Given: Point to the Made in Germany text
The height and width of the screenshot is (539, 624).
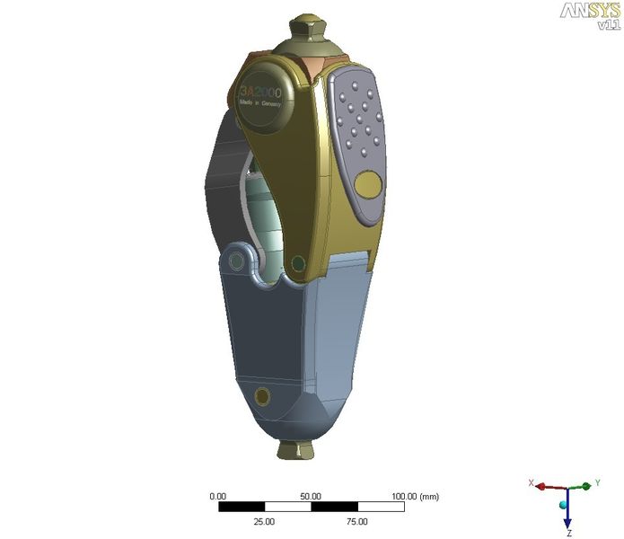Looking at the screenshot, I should [x=260, y=105].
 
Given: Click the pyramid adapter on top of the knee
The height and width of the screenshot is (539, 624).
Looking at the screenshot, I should [x=307, y=36].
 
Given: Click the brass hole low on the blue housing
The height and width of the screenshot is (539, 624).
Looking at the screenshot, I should [x=262, y=396].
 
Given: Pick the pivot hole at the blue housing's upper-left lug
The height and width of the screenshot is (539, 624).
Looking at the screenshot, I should [x=236, y=261].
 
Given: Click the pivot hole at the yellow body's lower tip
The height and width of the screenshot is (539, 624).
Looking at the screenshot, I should [x=297, y=263].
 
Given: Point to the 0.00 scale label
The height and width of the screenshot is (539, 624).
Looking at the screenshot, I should [x=218, y=496].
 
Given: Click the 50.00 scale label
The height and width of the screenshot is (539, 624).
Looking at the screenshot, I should [x=311, y=496].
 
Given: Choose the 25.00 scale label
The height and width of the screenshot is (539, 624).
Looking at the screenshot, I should [x=265, y=521].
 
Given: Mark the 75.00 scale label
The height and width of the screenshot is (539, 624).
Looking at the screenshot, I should [x=356, y=521].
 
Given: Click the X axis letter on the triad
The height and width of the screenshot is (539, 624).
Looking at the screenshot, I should [x=532, y=483].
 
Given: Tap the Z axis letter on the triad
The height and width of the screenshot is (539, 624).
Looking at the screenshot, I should [x=568, y=533].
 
